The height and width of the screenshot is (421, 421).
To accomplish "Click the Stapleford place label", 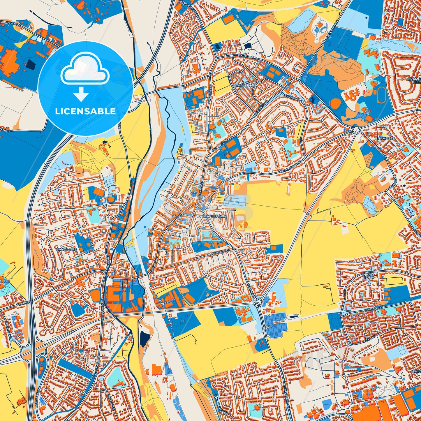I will [x=214, y=216].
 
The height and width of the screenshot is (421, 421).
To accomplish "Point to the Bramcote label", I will [x=385, y=138].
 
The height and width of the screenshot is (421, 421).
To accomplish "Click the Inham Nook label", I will [x=368, y=276].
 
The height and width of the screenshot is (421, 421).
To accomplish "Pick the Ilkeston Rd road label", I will [x=247, y=58].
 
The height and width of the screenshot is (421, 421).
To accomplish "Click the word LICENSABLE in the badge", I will [x=85, y=111].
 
